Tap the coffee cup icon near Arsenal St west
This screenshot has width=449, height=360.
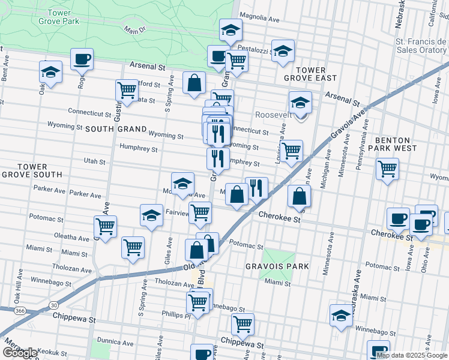(x=82, y=59)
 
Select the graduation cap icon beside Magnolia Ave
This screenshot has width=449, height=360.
(x=231, y=31)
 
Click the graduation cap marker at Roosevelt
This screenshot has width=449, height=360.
(x=300, y=103)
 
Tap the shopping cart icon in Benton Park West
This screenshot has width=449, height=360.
(x=387, y=169)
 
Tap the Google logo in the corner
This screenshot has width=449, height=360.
(x=20, y=352)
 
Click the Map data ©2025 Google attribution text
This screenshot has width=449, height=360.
(x=412, y=355)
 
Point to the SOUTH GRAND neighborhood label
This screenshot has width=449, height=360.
(x=116, y=129)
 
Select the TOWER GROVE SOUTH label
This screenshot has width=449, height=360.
(x=32, y=170)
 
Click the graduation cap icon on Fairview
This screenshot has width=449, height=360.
(x=151, y=215)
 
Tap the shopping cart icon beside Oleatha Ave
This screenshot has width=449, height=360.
(x=106, y=227)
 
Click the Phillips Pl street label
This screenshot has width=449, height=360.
(x=176, y=314)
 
